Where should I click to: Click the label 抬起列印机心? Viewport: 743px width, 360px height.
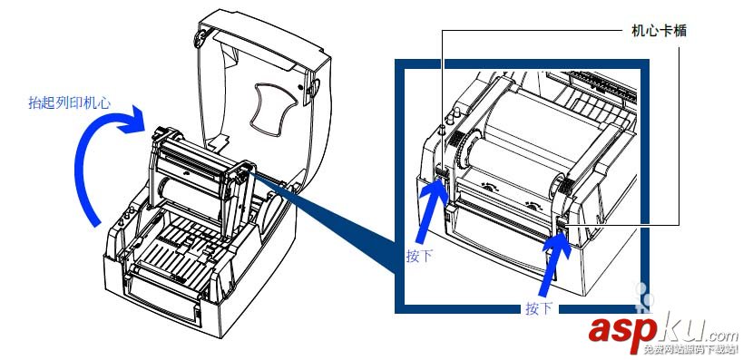pyautogui.click(x=69, y=103)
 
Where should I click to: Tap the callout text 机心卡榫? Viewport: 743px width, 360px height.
pyautogui.click(x=660, y=32)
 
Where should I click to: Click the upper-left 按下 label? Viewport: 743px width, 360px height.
pyautogui.click(x=419, y=257)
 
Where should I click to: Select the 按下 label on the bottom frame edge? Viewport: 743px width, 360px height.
pyautogui.click(x=539, y=308)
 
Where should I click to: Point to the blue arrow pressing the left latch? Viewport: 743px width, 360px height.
pyautogui.click(x=431, y=209)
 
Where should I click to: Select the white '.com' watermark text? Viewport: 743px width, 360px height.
pyautogui.click(x=721, y=336)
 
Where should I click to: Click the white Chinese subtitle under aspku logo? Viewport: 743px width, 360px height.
pyautogui.click(x=689, y=350)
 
